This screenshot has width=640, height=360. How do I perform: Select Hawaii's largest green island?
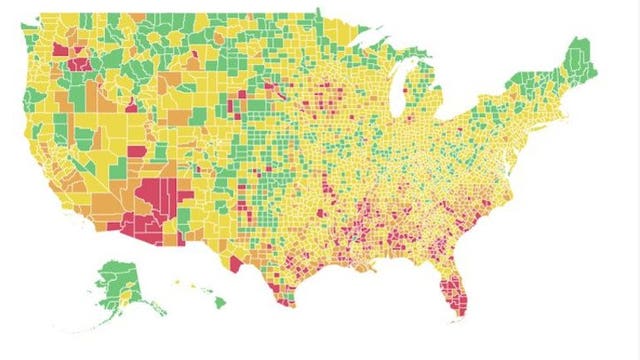pos(218,301)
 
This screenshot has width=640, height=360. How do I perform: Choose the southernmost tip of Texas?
pos(284,302)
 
